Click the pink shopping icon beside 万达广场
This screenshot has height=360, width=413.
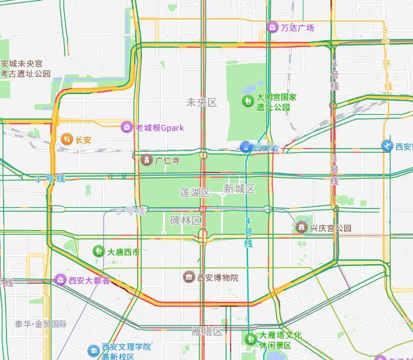coord(272,27)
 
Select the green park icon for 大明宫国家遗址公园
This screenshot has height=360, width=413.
coord(248,102)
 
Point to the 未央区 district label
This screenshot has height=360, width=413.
coord(201,103)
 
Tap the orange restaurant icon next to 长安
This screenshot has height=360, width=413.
coord(66,139)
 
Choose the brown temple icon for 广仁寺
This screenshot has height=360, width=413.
coord(147,160)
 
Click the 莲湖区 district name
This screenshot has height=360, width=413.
coord(193,192)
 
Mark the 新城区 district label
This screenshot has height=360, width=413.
coord(239,189)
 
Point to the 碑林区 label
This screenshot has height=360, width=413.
coord(185,220)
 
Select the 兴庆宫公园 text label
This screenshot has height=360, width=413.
coord(331,228)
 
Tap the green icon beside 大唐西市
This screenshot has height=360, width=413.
coord(98,251)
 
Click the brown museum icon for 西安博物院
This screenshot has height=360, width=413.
coord(189,277)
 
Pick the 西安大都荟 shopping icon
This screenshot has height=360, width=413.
coord(60,280)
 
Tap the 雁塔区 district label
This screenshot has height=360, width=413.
coord(207,332)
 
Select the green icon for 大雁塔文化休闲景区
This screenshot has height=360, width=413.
coord(251,338)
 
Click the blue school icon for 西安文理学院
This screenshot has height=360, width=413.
coord(93,351)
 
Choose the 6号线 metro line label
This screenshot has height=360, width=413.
coord(130,211)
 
